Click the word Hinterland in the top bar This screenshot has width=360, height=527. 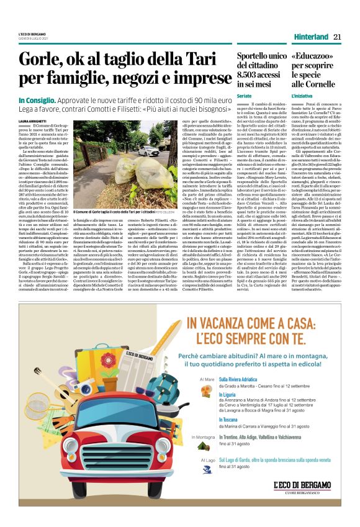(308, 37)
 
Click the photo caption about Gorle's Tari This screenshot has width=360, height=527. (128, 212)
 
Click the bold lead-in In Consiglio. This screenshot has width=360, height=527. (38, 101)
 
